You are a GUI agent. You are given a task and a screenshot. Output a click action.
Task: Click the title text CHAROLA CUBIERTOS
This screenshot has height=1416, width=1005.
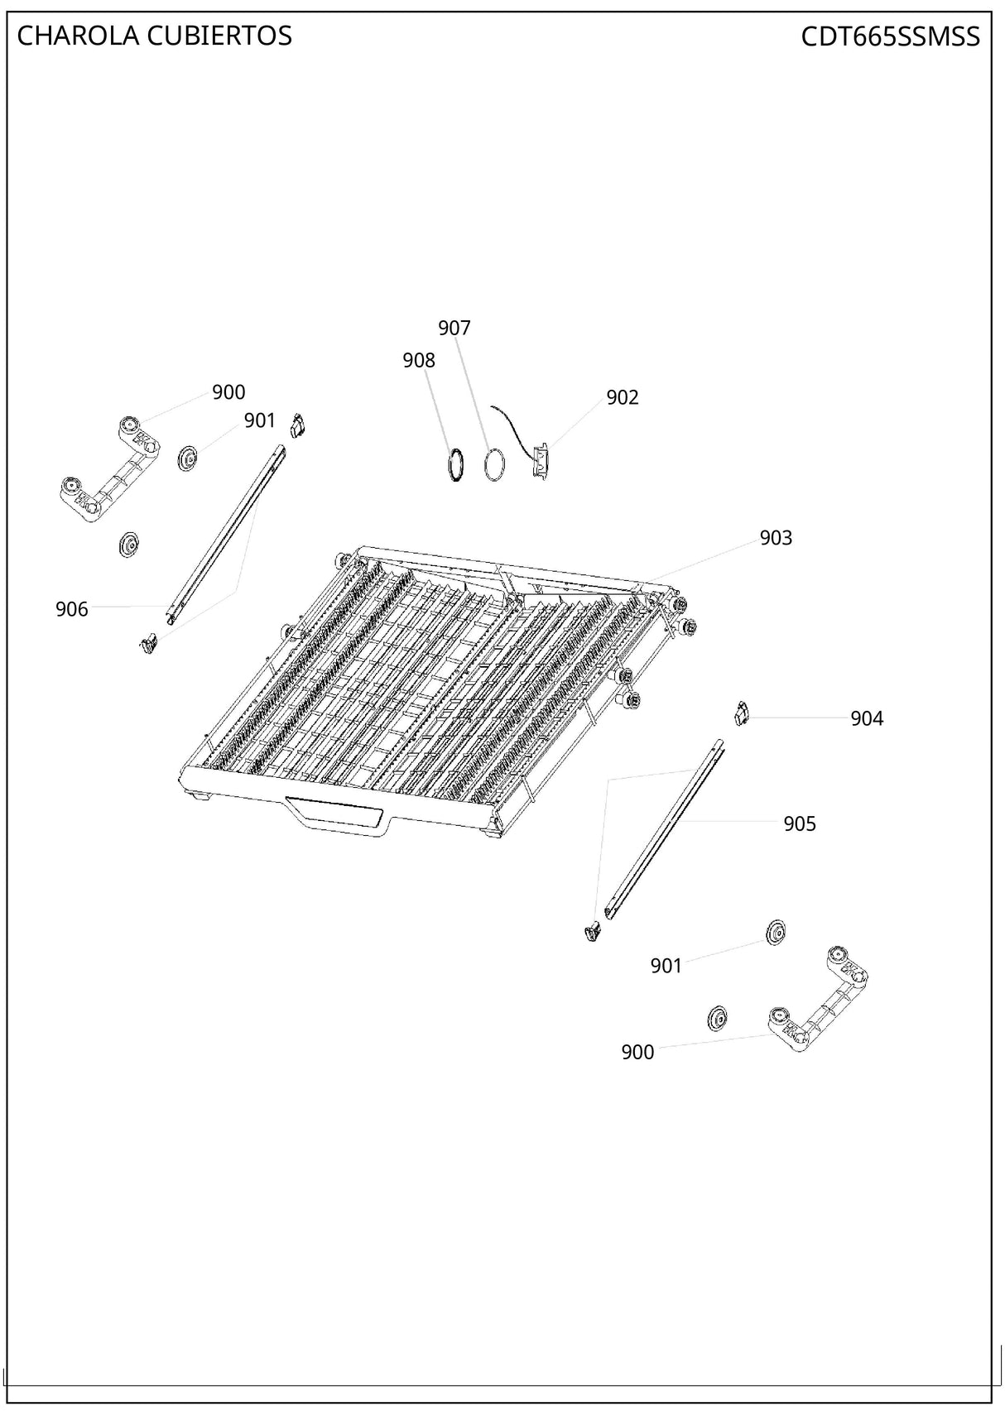coord(154,36)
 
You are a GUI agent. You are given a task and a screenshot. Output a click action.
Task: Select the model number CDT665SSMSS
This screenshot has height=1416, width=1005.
coord(890,36)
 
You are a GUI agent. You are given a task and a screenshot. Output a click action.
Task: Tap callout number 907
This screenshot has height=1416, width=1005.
coord(454,329)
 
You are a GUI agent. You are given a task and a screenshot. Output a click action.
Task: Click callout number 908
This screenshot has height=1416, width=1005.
coord(418,361)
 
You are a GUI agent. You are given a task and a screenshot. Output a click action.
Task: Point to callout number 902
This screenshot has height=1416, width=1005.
coord(622,398)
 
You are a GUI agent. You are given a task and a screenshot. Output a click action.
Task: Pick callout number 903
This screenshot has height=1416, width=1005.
coord(776,539)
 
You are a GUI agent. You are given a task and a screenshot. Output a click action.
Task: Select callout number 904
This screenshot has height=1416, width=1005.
coord(866,719)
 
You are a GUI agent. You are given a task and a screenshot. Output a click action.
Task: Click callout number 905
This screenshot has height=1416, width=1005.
coord(799,824)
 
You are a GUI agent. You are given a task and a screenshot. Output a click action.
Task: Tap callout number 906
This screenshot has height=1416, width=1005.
coord(71,610)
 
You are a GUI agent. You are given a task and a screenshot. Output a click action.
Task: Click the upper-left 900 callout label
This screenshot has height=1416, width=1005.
coord(228,393)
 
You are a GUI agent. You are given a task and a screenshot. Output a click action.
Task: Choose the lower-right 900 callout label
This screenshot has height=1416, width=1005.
coord(637,1053)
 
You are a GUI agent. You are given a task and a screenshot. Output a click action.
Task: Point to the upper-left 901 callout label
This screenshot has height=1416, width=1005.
coord(259,421)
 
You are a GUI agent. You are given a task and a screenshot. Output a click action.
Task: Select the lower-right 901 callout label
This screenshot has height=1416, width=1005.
coord(666,966)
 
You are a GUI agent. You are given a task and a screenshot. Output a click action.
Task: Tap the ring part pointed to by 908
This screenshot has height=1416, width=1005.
coord(455,464)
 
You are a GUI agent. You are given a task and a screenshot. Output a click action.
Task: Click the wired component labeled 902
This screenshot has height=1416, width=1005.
coord(540,458)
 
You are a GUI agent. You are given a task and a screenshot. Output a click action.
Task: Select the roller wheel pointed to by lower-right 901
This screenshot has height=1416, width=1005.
coord(775,933)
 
